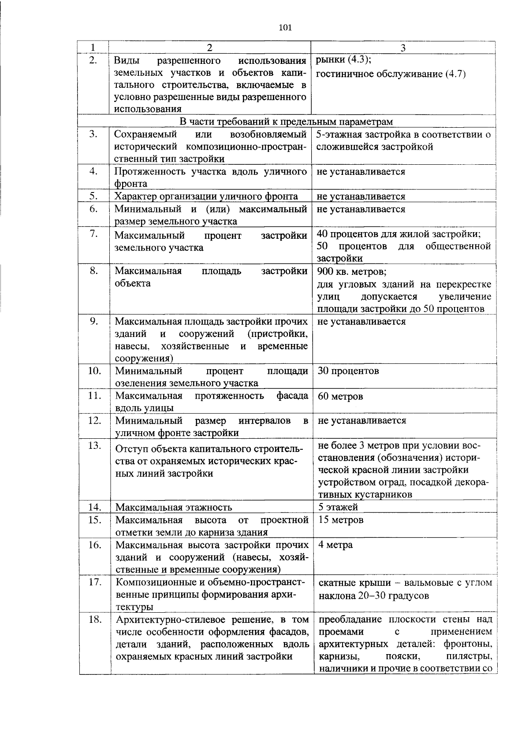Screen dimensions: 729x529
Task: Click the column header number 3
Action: point(402,48)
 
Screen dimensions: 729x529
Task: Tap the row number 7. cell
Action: point(93,233)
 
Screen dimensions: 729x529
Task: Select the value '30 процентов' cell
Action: point(348,370)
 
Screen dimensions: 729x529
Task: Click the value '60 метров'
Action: point(340,396)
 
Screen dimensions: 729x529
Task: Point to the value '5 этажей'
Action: point(338,507)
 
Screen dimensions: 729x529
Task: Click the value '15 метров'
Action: point(341,520)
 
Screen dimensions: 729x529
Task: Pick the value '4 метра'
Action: point(335,545)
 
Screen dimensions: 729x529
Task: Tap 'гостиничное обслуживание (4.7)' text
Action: point(391,74)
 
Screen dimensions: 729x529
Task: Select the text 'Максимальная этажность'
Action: point(174,507)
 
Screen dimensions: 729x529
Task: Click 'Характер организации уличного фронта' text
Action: point(206,196)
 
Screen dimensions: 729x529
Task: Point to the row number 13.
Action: point(94,445)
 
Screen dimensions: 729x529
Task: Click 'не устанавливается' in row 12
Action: point(361,420)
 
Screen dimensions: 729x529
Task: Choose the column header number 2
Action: point(209,48)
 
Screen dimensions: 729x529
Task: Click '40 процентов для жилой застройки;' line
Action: point(399,234)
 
